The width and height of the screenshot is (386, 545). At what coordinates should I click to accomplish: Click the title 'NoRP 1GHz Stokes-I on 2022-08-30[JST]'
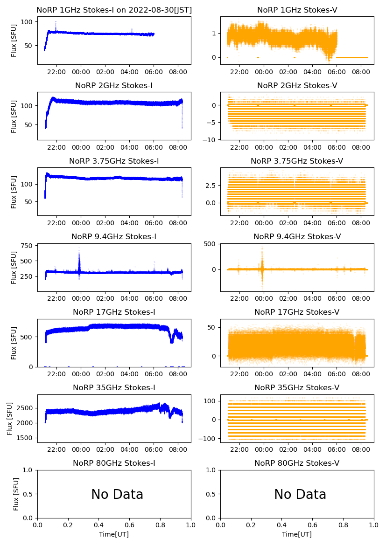114,10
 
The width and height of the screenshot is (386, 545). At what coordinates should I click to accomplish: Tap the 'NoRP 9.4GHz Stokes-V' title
297,236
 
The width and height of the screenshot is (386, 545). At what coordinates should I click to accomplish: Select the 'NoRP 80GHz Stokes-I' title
114,463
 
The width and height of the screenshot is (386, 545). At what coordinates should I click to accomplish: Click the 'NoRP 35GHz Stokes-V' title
297,387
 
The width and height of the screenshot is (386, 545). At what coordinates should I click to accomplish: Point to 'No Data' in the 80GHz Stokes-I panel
117,494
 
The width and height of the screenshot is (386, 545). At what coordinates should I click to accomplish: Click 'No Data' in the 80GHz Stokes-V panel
300,494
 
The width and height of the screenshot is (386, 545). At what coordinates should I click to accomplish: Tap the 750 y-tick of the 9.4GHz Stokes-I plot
27,246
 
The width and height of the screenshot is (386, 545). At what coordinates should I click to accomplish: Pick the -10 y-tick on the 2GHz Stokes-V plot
211,139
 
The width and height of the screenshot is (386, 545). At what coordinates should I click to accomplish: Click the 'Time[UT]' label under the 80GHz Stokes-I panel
114,534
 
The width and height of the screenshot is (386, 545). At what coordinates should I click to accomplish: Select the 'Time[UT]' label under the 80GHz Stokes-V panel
297,534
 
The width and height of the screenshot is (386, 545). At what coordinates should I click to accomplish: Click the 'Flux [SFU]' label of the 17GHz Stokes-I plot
14,343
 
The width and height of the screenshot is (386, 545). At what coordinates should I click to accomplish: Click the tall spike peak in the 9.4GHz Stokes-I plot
79,248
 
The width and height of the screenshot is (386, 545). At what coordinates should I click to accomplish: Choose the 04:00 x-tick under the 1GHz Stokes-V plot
312,72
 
